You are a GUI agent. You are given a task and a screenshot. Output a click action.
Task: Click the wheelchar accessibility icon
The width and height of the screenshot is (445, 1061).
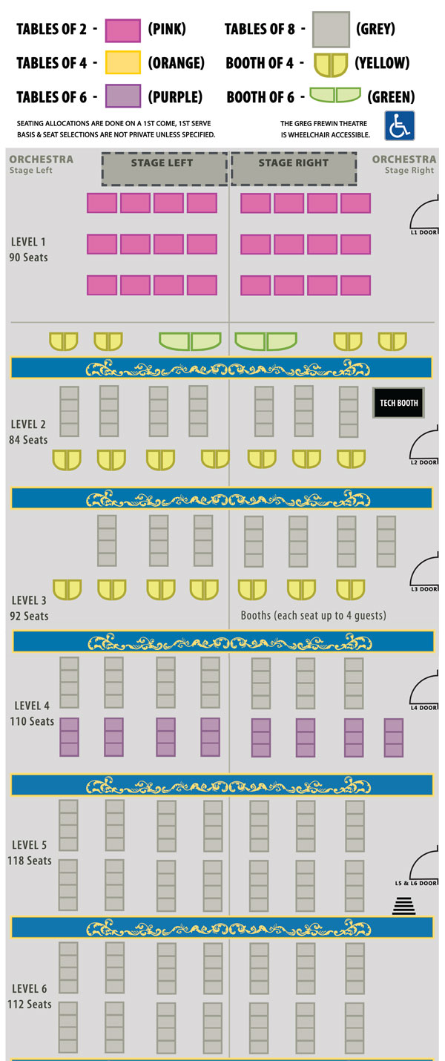(x=399, y=125)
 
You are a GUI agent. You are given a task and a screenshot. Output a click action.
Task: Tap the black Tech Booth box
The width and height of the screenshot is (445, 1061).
(x=398, y=403)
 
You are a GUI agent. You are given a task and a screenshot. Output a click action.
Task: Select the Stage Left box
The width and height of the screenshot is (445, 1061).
(x=164, y=168)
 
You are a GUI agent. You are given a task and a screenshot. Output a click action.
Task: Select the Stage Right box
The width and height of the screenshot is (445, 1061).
(x=294, y=168)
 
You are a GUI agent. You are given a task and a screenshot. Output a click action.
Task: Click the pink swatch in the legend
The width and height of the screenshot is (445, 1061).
(x=123, y=30)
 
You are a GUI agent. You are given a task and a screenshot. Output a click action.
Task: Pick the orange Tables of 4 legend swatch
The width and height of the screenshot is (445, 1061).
(x=123, y=64)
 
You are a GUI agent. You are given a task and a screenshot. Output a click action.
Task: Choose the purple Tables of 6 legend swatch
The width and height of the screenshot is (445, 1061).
(x=123, y=96)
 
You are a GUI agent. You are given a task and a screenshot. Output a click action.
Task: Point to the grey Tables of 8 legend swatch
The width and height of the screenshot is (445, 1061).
(x=330, y=30)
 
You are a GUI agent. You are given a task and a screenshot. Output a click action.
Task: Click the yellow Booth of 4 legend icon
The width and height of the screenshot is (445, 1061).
(x=330, y=65)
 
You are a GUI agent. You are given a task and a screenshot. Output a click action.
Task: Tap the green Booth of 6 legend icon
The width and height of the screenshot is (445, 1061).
(x=335, y=96)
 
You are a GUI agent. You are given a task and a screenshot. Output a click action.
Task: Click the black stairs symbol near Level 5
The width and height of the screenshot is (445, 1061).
(x=403, y=905)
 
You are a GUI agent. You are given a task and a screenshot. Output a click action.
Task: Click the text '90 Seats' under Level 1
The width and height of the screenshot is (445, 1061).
(x=30, y=257)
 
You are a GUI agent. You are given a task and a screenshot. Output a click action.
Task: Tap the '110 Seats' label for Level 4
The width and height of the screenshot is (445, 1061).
(x=32, y=721)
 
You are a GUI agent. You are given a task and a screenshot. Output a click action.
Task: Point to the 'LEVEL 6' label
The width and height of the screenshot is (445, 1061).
(x=30, y=988)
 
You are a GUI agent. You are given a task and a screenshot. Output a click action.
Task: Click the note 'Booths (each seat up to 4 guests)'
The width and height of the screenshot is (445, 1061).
(x=313, y=616)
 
